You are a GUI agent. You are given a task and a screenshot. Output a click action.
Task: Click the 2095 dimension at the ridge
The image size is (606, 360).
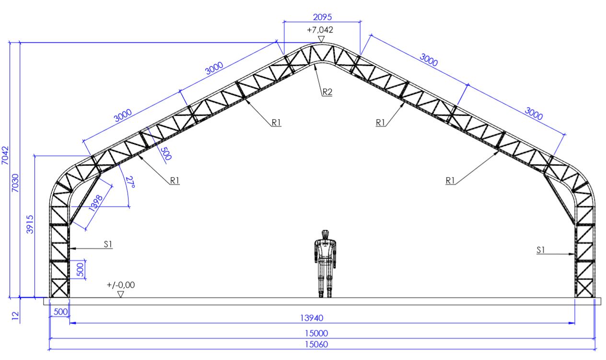(322, 17)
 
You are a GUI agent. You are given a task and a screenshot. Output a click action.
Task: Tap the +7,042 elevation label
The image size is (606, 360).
(320, 30)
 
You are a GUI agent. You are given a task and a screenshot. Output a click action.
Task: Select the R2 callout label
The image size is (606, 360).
(327, 92)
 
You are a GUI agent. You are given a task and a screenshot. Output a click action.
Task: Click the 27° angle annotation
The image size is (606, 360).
(130, 182)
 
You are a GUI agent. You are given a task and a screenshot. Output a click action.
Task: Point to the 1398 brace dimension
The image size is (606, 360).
(96, 203)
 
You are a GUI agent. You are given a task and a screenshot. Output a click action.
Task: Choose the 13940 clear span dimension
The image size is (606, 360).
(312, 318)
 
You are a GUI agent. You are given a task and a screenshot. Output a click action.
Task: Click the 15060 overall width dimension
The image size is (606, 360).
(316, 344)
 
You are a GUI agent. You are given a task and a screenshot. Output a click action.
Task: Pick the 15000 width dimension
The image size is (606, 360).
(316, 333)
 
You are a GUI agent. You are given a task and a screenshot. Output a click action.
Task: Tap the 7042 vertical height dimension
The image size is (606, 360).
(5, 155)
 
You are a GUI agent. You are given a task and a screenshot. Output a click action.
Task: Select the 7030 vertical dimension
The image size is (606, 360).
(15, 183)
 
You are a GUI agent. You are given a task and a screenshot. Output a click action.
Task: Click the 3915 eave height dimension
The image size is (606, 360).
(30, 224)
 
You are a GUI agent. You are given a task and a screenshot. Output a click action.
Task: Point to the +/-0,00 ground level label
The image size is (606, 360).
(121, 285)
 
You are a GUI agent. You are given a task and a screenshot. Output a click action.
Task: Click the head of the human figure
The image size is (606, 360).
(325, 234)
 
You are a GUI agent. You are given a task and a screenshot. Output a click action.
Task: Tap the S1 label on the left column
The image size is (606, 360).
(108, 244)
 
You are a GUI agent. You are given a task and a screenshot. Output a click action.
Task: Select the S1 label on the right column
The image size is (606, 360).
(540, 250)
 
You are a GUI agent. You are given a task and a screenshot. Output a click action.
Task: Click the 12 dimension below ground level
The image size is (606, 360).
(15, 316)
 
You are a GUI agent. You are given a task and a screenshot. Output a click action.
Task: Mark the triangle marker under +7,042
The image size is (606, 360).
(321, 39)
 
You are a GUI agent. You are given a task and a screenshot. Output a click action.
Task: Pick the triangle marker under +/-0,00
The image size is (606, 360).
(121, 294)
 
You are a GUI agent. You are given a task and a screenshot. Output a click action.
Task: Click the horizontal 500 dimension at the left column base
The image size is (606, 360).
(60, 312)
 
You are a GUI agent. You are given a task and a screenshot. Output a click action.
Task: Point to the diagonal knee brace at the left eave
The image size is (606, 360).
(84, 199)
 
